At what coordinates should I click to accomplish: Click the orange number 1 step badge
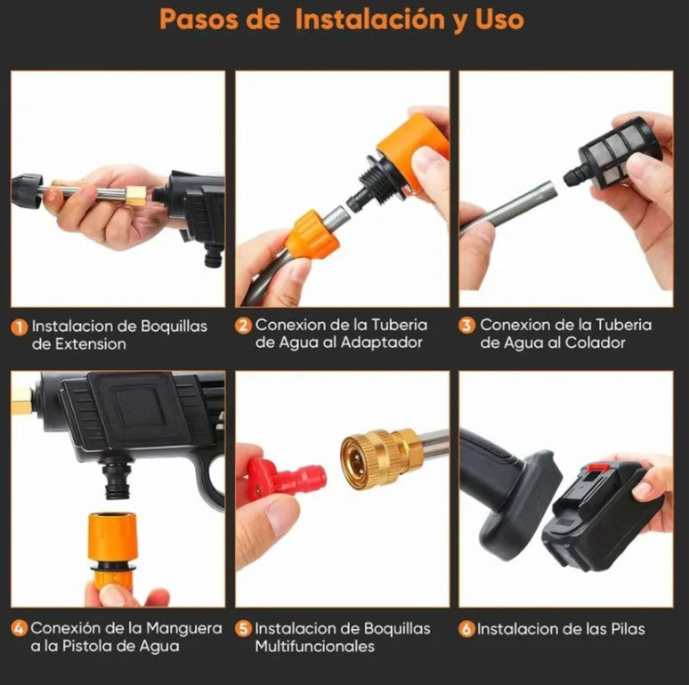20,327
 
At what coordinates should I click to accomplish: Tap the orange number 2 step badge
243,326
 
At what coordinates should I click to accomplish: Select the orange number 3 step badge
466,326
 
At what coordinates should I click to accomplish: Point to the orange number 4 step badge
20,628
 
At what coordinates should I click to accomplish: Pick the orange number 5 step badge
243,628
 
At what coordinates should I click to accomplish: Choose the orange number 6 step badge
466,629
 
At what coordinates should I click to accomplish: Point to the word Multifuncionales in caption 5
314,646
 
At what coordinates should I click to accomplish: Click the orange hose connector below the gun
112,544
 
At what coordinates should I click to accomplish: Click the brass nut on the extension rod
135,196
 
